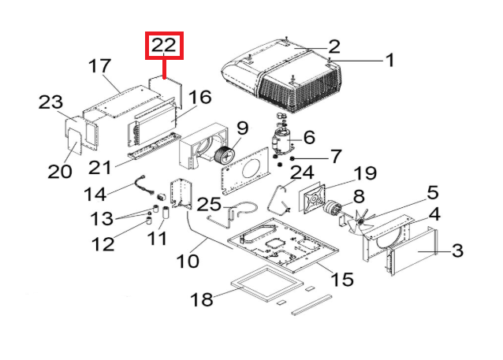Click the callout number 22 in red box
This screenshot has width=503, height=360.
tap(164, 46)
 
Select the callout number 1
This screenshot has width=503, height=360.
tap(388, 60)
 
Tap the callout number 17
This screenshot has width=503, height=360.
tap(102, 65)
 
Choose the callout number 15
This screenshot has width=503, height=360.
tap(341, 280)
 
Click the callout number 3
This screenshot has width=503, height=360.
tap(456, 251)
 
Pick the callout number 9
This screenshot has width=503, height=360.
tap(241, 127)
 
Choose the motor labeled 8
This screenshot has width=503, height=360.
tap(335, 209)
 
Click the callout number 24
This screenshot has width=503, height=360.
tap(302, 172)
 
